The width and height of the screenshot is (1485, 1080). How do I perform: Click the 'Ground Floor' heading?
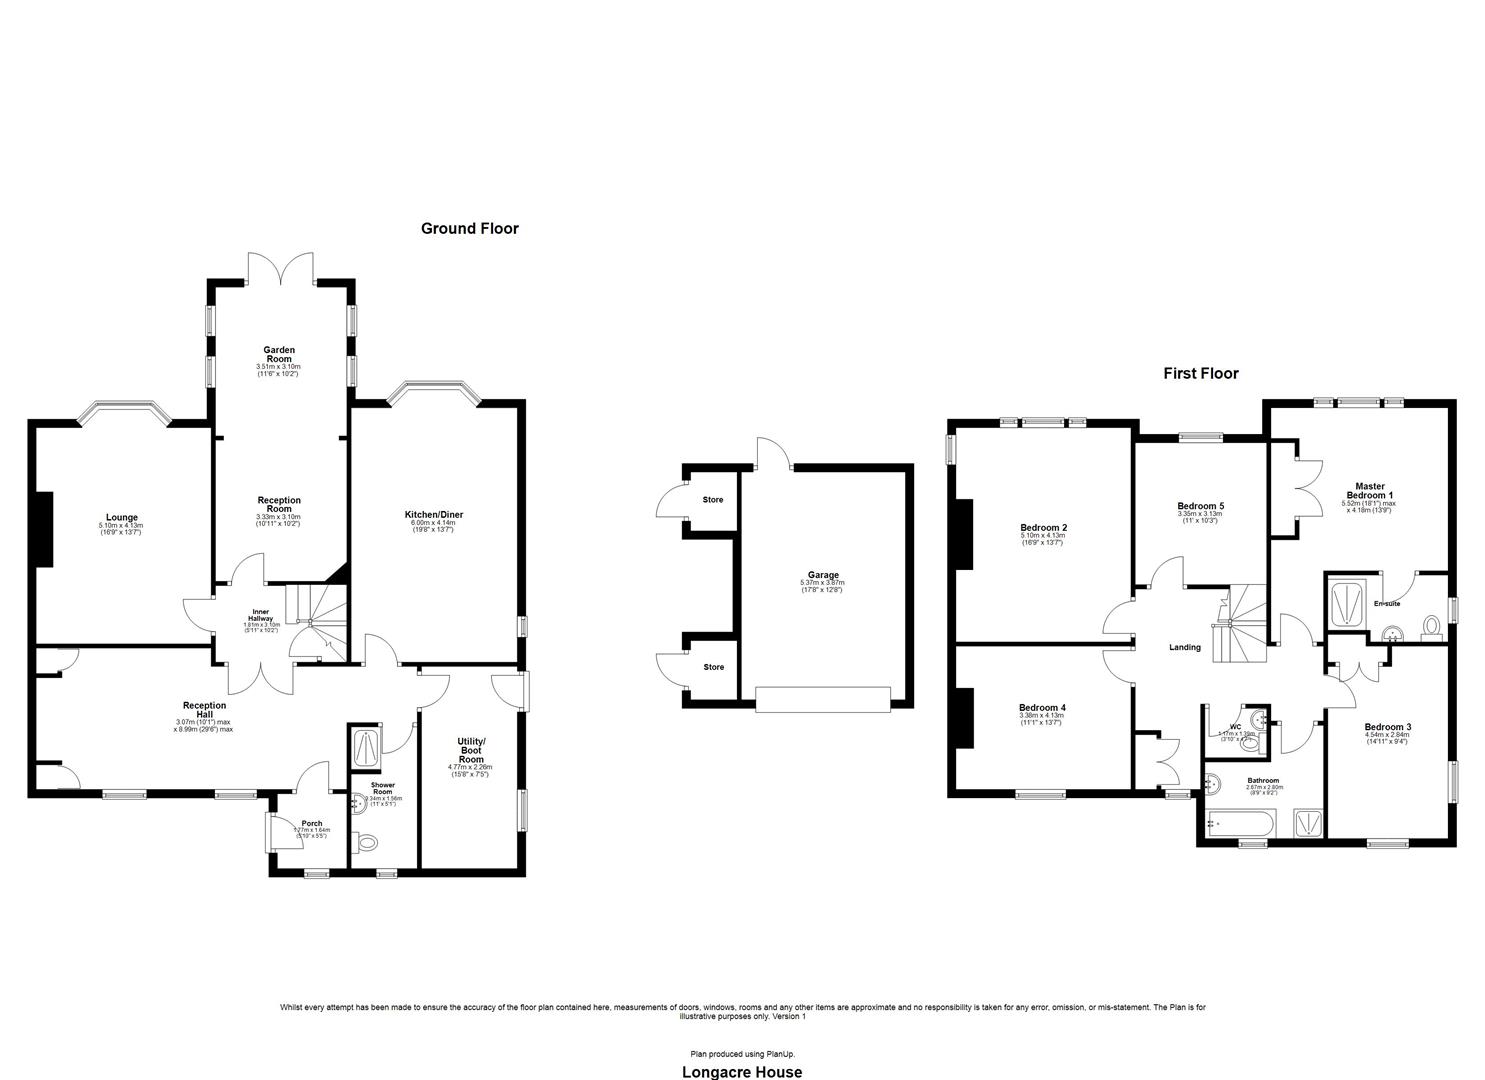click(469, 229)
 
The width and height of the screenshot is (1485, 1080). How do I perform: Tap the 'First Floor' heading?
click(1200, 374)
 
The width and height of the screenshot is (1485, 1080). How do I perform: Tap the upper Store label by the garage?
click(712, 500)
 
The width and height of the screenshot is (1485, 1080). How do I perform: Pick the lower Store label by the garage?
click(712, 667)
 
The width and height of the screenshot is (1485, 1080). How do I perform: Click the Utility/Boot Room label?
click(470, 750)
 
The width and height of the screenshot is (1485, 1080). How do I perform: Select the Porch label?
click(311, 824)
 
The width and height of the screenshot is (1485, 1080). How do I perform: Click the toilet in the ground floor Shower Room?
click(368, 844)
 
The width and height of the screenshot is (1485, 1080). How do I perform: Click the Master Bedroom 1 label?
click(1368, 490)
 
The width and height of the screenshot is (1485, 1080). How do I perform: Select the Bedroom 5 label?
click(1200, 507)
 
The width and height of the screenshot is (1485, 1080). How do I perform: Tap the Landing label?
click(1184, 648)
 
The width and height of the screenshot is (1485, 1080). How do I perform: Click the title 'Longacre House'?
click(741, 1072)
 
